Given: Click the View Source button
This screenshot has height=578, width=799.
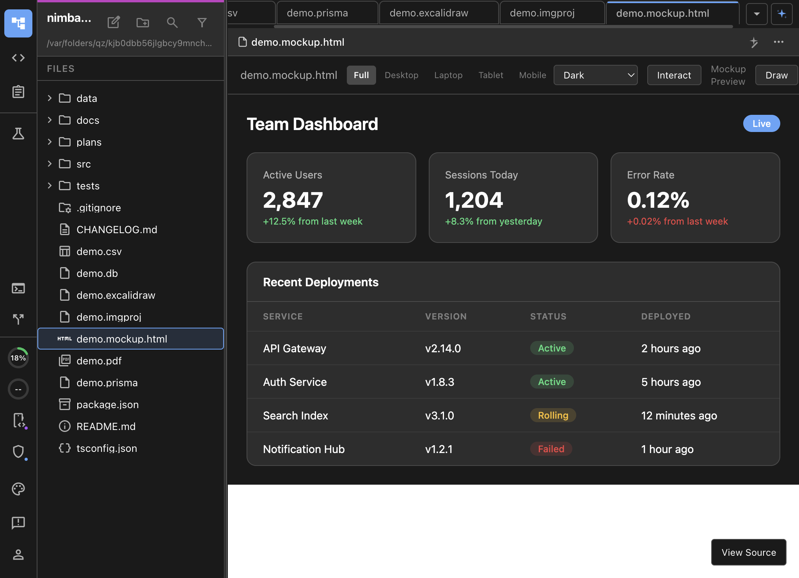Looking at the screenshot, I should coord(748,552).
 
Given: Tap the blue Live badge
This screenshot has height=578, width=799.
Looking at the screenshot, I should coord(761,124).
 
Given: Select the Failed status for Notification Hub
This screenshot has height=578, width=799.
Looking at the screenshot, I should coord(551,449).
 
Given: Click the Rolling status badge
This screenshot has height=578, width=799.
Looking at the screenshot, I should coord(553,416).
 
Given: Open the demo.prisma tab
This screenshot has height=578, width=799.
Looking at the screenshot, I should coord(317,13).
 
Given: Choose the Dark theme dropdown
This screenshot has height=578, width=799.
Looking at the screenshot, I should coord(595,75).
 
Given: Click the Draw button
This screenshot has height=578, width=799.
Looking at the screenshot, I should coord(776,75).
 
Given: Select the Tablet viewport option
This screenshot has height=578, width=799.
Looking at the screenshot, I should coord(490,75).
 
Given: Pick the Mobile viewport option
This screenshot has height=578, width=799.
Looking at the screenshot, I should coord(532,75).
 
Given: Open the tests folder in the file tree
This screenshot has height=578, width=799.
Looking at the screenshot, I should coord(88,186).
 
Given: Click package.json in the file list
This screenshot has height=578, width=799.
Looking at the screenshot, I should coord(107,405).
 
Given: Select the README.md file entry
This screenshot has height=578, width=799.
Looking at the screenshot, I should coord(106,426).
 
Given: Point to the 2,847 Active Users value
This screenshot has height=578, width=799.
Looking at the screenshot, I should coord(293,200).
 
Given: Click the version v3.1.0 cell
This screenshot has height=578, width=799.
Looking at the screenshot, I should coord(439,416).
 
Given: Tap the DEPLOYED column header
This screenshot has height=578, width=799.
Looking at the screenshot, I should coord(666,316).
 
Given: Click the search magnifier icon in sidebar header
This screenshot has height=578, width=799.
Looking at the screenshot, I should coord(172,23).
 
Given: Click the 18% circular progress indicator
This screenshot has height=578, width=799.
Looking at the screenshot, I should coord(18,358).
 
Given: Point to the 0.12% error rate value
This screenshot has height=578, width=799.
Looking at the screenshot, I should coord(658,200).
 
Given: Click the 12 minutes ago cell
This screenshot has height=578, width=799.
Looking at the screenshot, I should coord(679,416).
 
